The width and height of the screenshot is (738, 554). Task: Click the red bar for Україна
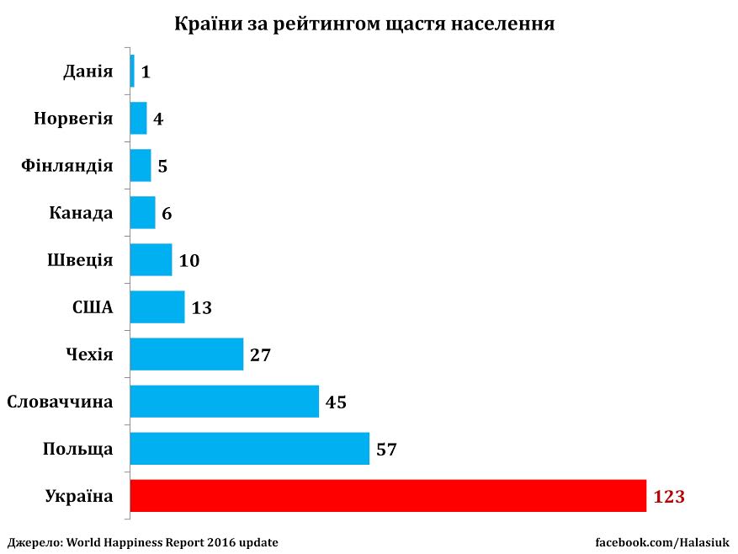(388, 496)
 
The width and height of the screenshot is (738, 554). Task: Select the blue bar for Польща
(249, 449)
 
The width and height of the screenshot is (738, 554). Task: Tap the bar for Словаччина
(224, 402)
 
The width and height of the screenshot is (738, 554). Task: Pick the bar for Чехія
(186, 354)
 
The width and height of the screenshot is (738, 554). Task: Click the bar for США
(157, 307)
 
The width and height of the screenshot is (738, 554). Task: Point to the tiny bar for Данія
(132, 71)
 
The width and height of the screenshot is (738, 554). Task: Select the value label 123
(669, 497)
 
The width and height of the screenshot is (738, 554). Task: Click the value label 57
(386, 450)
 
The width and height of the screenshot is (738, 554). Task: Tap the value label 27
(260, 355)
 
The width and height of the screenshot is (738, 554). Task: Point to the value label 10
(189, 261)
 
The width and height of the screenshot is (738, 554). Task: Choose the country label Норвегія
(73, 119)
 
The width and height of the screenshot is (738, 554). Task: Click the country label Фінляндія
(66, 166)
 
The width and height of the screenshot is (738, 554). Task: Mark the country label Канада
(81, 213)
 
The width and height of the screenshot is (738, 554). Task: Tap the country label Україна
(78, 497)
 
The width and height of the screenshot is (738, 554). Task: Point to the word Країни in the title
(205, 24)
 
